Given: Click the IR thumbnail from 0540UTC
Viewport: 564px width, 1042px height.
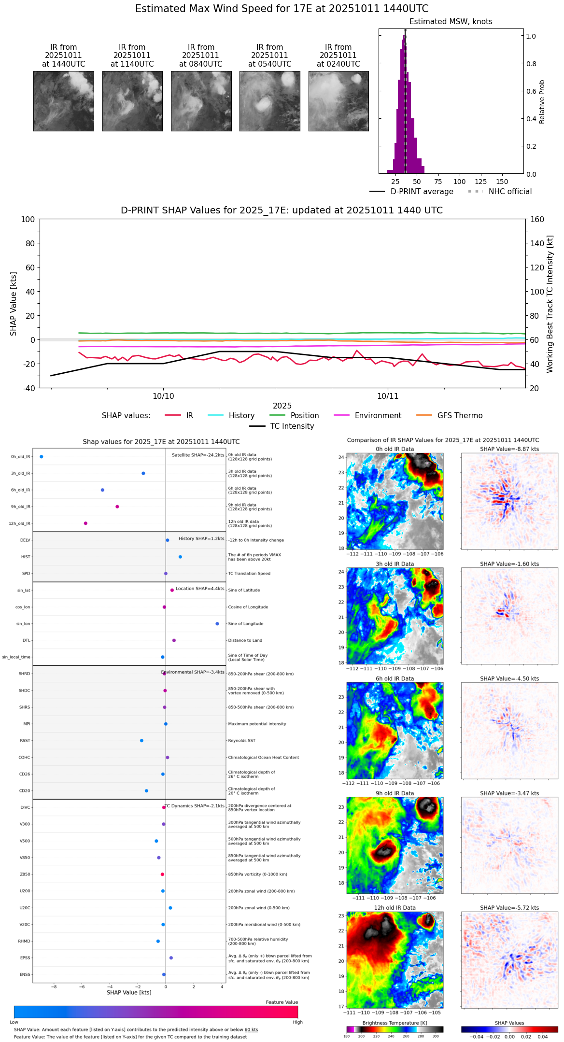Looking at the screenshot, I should point(269,101).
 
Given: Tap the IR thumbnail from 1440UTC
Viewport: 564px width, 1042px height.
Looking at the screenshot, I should point(63,101).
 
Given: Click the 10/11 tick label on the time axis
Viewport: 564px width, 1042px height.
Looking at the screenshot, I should point(388,396).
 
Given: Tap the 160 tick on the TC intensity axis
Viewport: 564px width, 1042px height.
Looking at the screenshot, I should point(537,219).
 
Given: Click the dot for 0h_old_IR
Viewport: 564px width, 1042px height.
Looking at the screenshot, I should point(42,457).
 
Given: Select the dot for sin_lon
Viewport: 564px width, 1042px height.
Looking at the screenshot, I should point(217,624).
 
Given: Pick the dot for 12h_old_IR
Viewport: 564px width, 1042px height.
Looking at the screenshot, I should point(85,523).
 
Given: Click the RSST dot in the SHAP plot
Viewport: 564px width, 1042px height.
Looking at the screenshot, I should point(141,741).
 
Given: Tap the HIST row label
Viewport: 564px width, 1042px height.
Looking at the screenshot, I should point(26,557).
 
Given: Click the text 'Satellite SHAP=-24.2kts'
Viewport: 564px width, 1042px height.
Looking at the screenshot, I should point(198,455).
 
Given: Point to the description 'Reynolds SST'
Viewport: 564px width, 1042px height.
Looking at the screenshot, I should point(241,741).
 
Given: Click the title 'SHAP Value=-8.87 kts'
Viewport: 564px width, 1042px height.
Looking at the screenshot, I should point(509,449).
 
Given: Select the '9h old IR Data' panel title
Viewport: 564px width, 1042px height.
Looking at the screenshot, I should point(395,793).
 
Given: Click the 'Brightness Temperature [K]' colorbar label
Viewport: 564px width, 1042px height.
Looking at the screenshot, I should point(395,1023).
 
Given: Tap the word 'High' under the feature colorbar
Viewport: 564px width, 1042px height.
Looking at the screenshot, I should point(297,1022).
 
